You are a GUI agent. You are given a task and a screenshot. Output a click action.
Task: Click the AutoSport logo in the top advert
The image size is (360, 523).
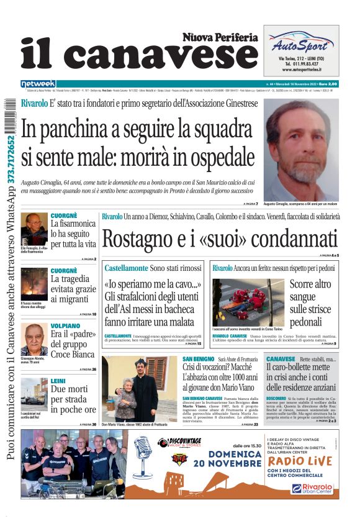tap(301, 44)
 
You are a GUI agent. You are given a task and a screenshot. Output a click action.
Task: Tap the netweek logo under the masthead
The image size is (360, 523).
tap(38, 84)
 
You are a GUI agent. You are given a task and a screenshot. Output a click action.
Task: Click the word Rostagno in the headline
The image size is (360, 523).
tap(140, 239)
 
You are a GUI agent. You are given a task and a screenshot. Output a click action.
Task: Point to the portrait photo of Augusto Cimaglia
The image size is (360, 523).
tap(300, 149)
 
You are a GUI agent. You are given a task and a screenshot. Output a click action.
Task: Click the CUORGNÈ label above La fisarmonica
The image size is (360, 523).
tap(64, 216)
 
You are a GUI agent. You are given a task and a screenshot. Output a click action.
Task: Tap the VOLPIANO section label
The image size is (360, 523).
tap(65, 325)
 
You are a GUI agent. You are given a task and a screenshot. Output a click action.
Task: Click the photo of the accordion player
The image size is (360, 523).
tap(34, 229)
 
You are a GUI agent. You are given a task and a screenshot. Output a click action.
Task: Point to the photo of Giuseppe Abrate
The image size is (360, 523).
tap(34, 339)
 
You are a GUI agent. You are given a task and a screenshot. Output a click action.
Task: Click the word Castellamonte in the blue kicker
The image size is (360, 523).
tap(127, 268)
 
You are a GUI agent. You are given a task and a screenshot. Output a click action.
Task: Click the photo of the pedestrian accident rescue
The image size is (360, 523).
tap(239, 302)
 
